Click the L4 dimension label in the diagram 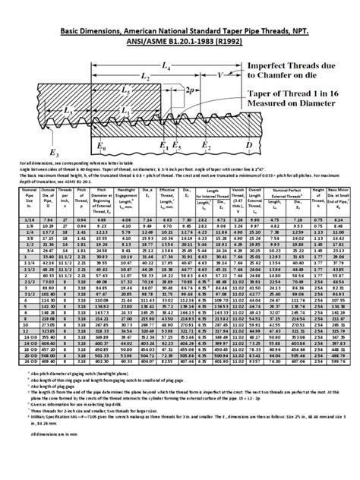point(166,68)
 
